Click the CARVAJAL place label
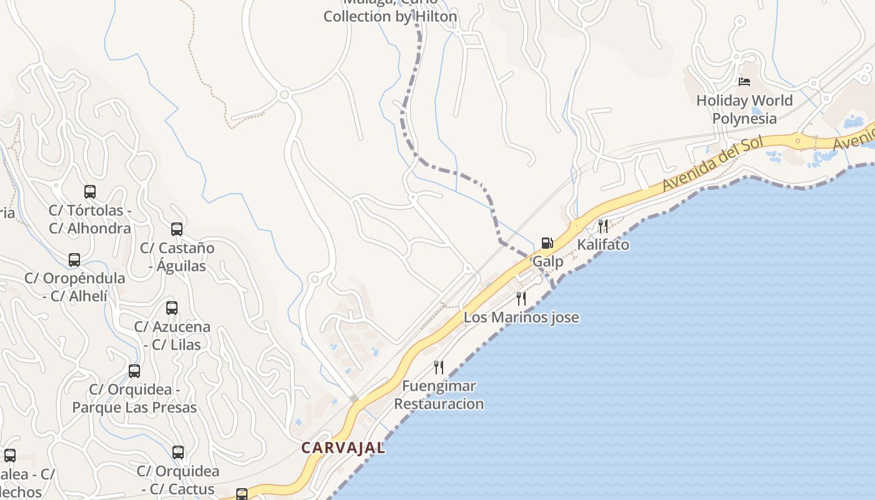tap(343, 448)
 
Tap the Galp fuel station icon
tap(547, 242)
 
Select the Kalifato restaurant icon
tap(603, 226)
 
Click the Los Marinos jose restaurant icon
tap(521, 298)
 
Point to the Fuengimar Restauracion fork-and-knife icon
tap(439, 367)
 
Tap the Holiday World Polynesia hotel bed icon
tap(744, 81)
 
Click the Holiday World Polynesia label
tap(744, 109)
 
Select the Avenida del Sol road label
tap(713, 164)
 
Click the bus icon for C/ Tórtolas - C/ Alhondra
tap(90, 191)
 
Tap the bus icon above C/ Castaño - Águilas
tap(177, 229)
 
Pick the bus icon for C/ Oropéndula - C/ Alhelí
tap(74, 259)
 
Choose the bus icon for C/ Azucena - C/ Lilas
tap(172, 307)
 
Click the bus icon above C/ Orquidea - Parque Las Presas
tap(134, 371)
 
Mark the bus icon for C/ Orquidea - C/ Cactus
tap(178, 452)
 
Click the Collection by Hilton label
tap(390, 16)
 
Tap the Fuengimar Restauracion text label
tap(439, 395)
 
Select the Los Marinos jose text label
tap(521, 317)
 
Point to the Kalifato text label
tap(603, 244)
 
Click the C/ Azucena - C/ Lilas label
tap(172, 336)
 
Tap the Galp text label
tap(547, 261)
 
